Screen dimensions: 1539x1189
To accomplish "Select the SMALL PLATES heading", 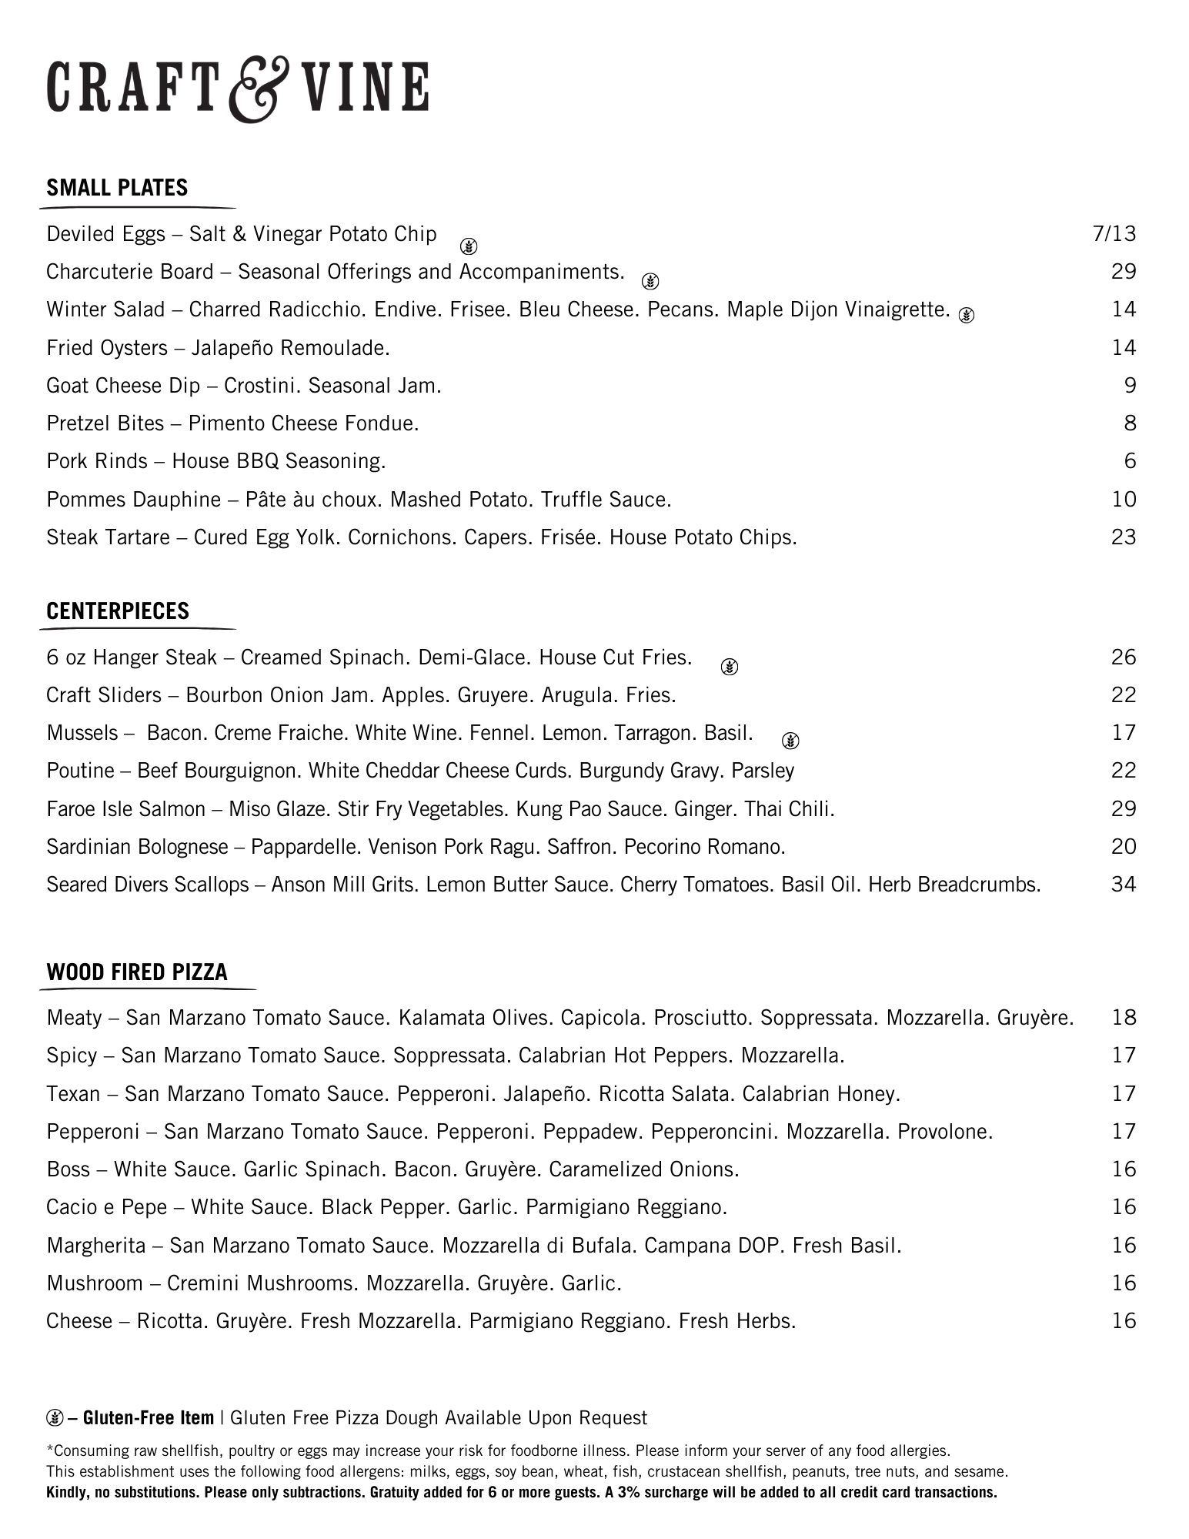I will point(117,188).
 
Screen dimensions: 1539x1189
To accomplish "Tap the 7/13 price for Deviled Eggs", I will point(1114,234).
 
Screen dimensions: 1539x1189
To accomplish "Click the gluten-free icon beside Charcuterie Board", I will point(650,281).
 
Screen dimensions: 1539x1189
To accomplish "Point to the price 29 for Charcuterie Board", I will point(1124,272).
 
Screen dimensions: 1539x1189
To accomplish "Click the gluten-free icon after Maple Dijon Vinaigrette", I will point(967,314).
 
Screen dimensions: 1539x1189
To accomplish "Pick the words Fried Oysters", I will point(106,348).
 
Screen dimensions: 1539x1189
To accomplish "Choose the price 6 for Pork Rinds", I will point(1130,461).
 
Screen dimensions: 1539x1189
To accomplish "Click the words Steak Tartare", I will point(108,537).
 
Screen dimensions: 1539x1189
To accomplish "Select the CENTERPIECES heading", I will point(118,611).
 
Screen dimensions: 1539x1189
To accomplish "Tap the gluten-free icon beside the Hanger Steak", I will point(730,667).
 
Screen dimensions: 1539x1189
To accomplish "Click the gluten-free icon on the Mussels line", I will point(790,741).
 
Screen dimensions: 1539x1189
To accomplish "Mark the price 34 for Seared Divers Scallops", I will point(1124,885).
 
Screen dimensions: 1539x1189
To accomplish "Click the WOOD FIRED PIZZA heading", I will point(137,972).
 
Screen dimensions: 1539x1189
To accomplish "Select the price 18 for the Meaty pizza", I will point(1124,1018).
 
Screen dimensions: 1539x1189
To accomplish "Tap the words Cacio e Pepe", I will point(106,1207).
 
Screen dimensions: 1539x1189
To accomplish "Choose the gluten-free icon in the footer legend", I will point(55,1417).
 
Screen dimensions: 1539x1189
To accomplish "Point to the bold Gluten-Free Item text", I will point(149,1418).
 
